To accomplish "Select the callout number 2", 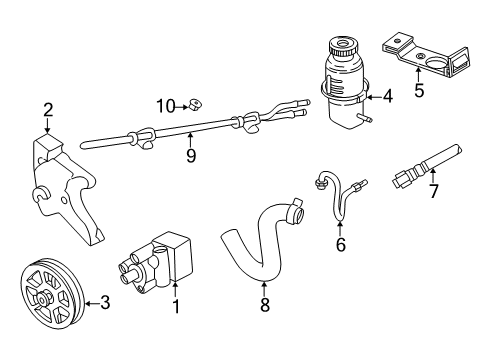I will click(47, 110).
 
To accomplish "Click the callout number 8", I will click(265, 306).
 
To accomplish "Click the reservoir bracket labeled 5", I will click(425, 58).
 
